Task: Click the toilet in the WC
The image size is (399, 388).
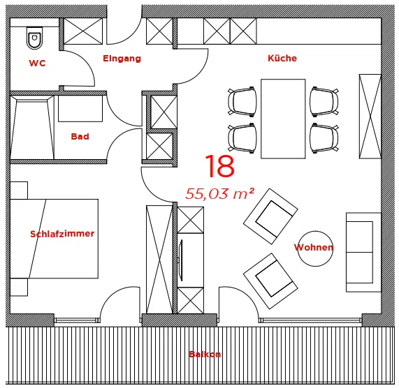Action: tap(34, 38)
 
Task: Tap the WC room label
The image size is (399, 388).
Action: tap(37, 63)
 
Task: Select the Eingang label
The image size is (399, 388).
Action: tap(122, 59)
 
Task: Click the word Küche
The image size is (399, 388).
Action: tap(282, 58)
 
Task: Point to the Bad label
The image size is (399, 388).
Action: tap(80, 137)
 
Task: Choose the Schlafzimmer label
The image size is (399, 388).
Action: tap(62, 234)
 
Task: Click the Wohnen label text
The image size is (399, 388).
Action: tap(314, 247)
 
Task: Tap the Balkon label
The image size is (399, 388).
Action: tap(205, 355)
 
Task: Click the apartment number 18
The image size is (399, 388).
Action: tap(219, 166)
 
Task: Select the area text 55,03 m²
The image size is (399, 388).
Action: tap(219, 194)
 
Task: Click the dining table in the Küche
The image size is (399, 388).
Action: tap(283, 119)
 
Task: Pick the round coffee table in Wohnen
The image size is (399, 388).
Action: tap(315, 248)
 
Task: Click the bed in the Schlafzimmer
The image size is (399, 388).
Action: tap(55, 239)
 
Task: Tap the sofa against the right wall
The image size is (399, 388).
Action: tap(363, 253)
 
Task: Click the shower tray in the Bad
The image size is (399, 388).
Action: tap(32, 127)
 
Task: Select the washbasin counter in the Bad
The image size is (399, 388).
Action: tap(80, 108)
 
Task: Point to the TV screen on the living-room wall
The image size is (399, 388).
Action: tap(181, 260)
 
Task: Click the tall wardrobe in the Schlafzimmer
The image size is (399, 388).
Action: tap(159, 260)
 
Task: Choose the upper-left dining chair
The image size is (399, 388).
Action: tap(242, 102)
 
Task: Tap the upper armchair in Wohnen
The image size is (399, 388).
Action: tap(270, 216)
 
